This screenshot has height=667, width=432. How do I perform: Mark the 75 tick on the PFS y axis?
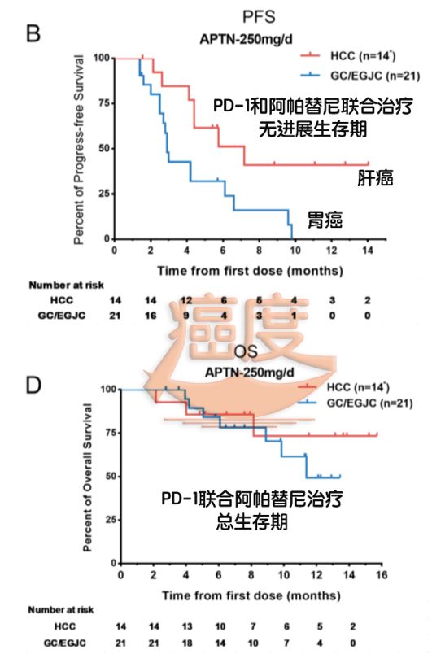coord(102,103)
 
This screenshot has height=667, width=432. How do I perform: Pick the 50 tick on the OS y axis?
coord(107,476)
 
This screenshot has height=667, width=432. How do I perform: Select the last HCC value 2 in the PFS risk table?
coord(369,300)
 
